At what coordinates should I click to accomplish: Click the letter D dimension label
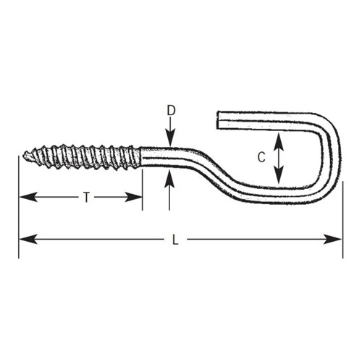[x=171, y=111]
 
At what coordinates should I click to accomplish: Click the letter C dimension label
[x=261, y=157]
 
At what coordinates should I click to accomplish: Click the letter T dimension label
[x=86, y=197]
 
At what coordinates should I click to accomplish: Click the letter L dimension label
[x=175, y=240]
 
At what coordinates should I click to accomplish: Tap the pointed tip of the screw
[x=24, y=156]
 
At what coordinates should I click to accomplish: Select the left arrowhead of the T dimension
[x=28, y=197]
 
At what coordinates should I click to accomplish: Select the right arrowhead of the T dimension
[x=133, y=197]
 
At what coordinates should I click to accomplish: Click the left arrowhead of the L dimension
[x=28, y=239]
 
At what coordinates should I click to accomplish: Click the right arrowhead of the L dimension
[x=333, y=239]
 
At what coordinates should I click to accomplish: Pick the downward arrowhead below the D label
[x=171, y=138]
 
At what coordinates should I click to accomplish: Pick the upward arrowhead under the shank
[x=169, y=179]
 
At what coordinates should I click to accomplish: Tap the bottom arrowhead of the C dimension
[x=279, y=175]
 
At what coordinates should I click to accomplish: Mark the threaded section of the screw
[x=82, y=157]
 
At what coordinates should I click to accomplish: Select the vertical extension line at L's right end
[x=343, y=219]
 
